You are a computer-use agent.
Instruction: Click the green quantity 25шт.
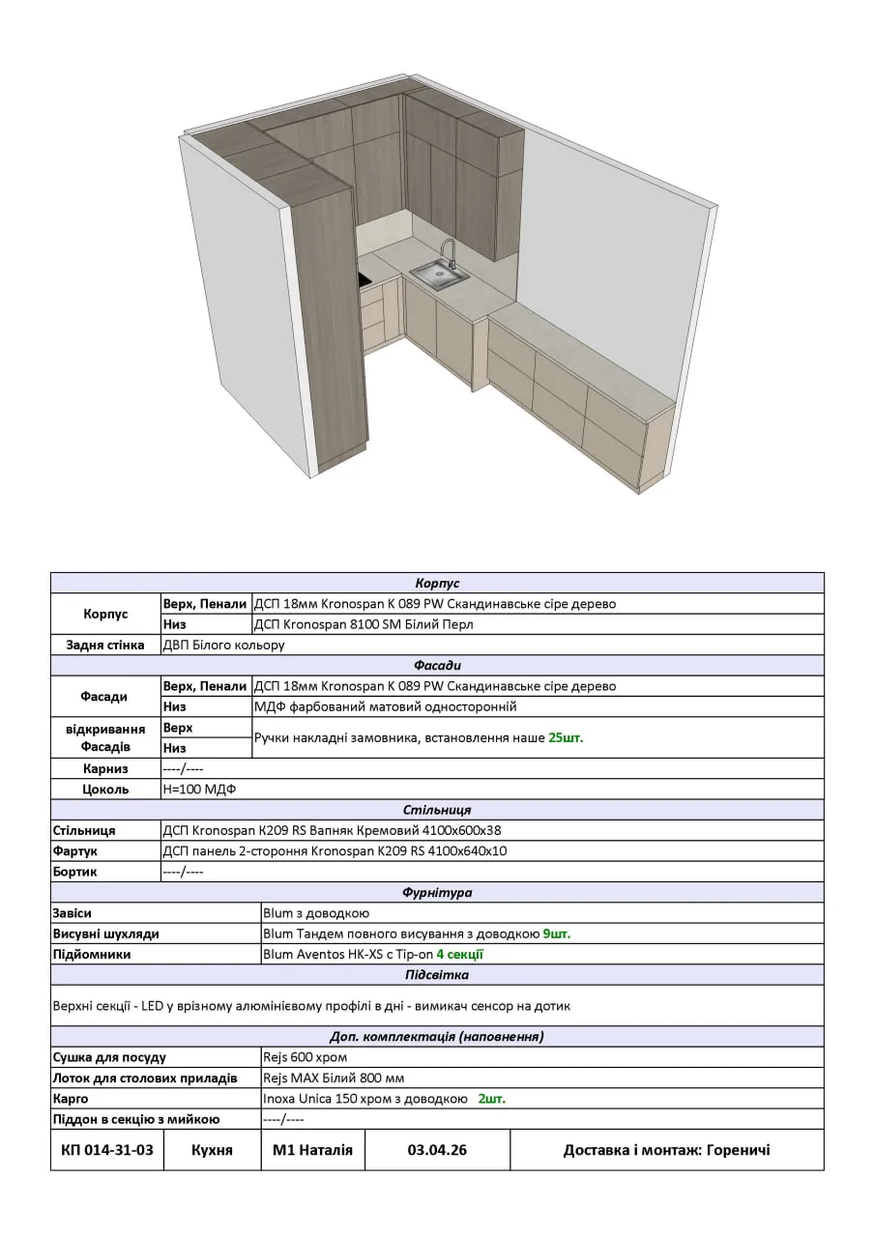coord(566,737)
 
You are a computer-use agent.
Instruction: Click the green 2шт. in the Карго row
coord(492,1099)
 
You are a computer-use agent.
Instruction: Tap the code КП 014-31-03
coord(107,1150)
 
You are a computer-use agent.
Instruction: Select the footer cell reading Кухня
coord(212,1150)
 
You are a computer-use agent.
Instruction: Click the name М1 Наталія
coord(312,1150)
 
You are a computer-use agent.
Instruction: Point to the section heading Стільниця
coord(437,810)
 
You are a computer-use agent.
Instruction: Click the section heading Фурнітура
coord(437,893)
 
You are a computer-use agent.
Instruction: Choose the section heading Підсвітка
coord(437,975)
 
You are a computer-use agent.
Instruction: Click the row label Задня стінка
coord(105,645)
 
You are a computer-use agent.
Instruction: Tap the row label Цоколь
coord(105,789)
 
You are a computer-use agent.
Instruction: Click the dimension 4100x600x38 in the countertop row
coord(457,830)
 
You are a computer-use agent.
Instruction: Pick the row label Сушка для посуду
coord(109,1057)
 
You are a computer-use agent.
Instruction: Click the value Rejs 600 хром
coord(305,1057)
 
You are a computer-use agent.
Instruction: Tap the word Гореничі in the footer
coord(739,1150)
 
